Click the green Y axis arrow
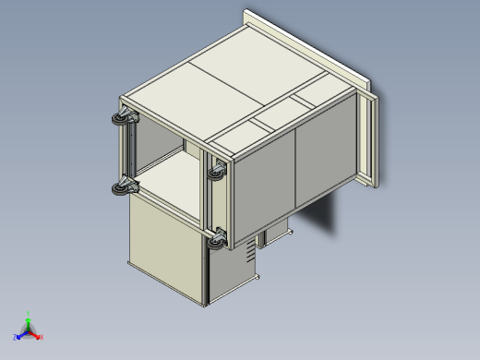coord(29,317)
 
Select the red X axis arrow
coord(39,337)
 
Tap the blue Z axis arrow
coord(19,336)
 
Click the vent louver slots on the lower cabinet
coord(246,252)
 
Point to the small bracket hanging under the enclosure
coord(275,234)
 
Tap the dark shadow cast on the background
coord(323,217)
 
